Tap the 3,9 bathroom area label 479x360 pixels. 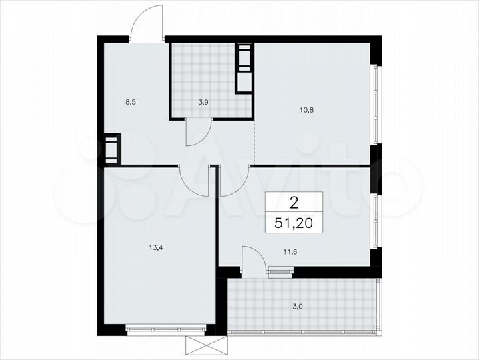[204, 103]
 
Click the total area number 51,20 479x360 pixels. [294, 222]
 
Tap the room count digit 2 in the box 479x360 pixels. [293, 201]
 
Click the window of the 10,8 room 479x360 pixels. [375, 103]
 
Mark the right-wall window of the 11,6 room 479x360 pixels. [375, 220]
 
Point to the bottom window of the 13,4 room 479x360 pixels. [165, 328]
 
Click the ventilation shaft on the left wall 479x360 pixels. [111, 149]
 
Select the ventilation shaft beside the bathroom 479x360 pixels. [244, 68]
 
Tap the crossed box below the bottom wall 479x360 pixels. [207, 347]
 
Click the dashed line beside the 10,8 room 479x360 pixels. [254, 141]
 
